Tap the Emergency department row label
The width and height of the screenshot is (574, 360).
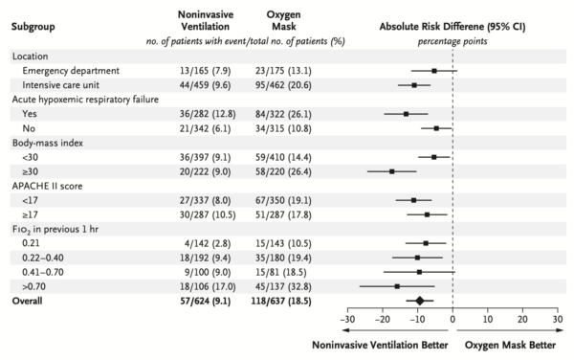(64, 70)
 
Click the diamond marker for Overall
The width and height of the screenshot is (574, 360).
(419, 300)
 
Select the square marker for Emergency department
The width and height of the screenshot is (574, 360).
(434, 70)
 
